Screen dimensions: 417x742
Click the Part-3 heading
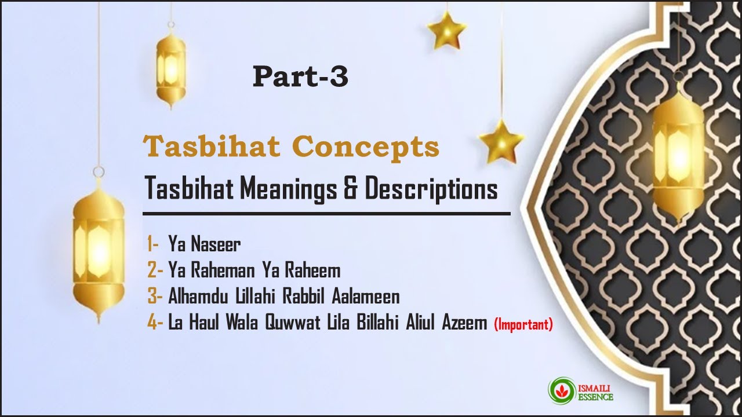[x=300, y=77]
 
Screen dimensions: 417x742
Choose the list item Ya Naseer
[x=204, y=245]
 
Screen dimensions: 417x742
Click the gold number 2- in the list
[x=155, y=270]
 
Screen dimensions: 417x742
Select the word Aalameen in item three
[x=366, y=297]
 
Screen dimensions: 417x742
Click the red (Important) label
[x=523, y=325]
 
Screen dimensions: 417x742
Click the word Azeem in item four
[x=465, y=323]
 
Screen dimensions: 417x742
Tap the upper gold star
[x=447, y=30]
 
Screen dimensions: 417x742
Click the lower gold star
[x=501, y=141]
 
